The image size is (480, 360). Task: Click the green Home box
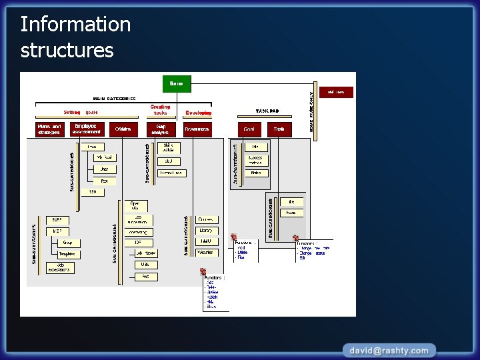(x=177, y=83)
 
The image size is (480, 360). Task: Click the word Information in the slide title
(x=75, y=25)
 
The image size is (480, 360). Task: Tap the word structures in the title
(x=67, y=51)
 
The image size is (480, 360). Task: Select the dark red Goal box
(x=249, y=129)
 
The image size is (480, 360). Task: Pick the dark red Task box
(x=280, y=129)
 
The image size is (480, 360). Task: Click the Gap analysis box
(x=161, y=129)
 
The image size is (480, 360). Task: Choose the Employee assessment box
(x=87, y=129)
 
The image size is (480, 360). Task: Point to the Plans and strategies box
(x=49, y=129)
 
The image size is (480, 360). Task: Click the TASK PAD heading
(x=267, y=111)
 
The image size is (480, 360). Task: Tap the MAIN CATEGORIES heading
(x=114, y=98)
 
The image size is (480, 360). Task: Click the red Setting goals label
(x=81, y=113)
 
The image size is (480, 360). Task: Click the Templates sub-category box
(x=67, y=254)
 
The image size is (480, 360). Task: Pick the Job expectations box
(x=61, y=268)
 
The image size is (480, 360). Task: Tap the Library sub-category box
(x=206, y=231)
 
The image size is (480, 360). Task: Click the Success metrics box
(x=255, y=160)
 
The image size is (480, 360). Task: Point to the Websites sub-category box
(x=206, y=253)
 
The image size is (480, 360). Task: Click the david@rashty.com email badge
(x=390, y=350)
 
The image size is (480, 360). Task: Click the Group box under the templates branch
(x=67, y=243)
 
